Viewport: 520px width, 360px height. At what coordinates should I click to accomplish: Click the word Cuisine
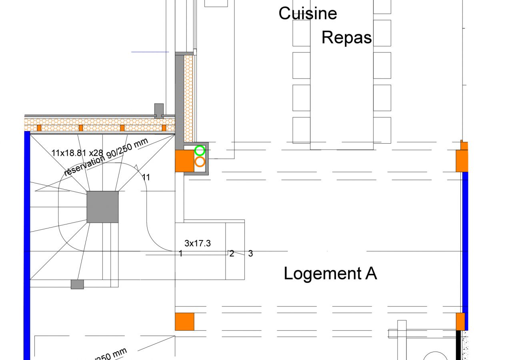[x=308, y=13]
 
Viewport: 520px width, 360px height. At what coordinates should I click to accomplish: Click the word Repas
[x=346, y=37]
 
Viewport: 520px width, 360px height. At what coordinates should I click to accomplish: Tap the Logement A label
[x=330, y=274]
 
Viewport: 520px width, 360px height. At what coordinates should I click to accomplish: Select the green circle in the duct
[x=200, y=151]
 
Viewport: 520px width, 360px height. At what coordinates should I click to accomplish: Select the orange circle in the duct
[x=200, y=162]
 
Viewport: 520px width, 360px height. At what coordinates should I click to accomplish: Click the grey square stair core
[x=103, y=207]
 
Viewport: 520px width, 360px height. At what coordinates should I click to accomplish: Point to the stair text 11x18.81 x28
[x=77, y=152]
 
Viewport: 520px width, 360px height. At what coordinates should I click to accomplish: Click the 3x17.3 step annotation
[x=197, y=243]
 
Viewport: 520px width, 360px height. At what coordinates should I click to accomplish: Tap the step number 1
[x=181, y=253]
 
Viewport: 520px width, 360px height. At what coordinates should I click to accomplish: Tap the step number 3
[x=250, y=253]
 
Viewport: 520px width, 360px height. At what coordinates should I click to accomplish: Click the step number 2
[x=232, y=253]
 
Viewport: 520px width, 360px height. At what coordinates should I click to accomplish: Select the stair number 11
[x=146, y=177]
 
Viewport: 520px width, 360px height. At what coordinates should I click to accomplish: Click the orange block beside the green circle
[x=184, y=161]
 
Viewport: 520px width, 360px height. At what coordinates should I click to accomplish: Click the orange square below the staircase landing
[x=184, y=322]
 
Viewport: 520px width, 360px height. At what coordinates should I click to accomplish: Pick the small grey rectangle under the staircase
[x=77, y=284]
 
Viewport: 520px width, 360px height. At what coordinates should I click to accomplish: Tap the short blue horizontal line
[x=150, y=52]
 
